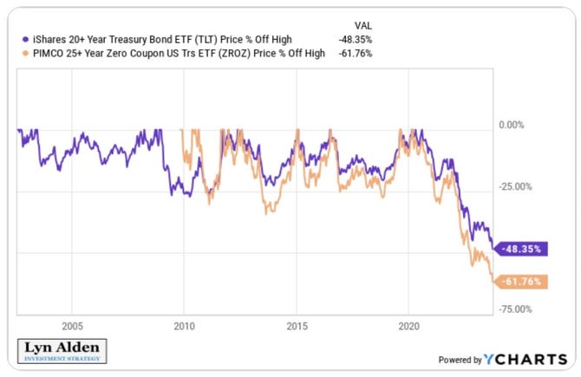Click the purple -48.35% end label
coord(521,249)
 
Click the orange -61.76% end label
coord(521,282)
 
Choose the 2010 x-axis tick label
coord(183,327)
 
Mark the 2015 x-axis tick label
coord(296,327)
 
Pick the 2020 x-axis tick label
coord(408,327)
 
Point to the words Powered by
coord(459,360)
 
